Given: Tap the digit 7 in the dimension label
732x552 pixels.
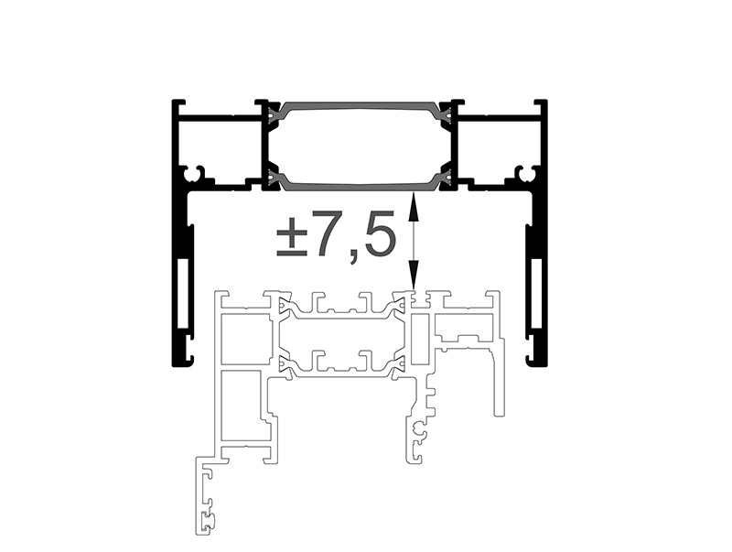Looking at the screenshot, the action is (329, 234).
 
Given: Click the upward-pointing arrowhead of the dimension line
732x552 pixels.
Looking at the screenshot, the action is (414, 205).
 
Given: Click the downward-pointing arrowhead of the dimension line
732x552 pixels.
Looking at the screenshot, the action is (414, 275).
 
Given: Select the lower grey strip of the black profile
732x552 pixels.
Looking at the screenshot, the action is (360, 183).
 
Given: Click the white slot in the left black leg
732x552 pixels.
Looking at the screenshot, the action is (184, 293).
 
